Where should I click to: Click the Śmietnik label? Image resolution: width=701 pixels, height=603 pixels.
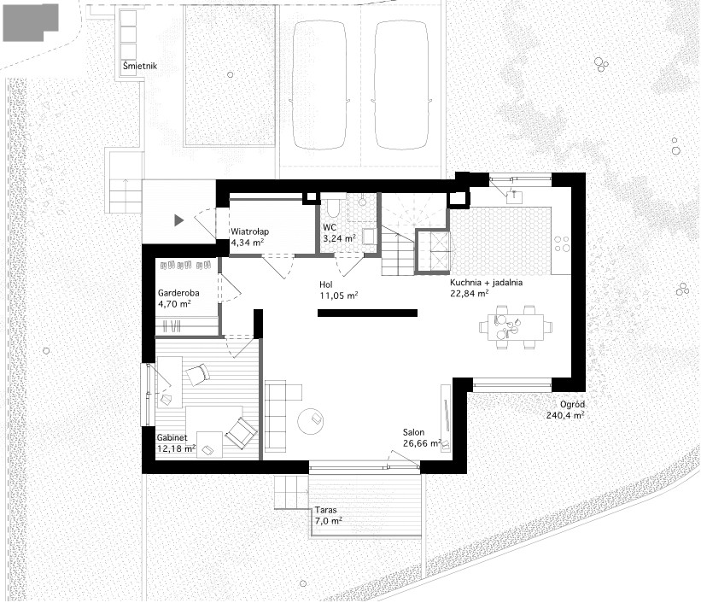(x=140, y=66)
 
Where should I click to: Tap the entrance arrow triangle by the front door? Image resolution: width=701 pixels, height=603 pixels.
(x=178, y=220)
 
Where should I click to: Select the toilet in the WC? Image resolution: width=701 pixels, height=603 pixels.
(x=333, y=207)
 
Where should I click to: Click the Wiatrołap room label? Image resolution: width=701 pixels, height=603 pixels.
(x=249, y=231)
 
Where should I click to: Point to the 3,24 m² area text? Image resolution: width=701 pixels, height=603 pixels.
(x=339, y=238)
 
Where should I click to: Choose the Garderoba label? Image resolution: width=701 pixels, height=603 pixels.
(x=178, y=293)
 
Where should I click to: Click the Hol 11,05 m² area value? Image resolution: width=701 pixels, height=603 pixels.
(x=338, y=296)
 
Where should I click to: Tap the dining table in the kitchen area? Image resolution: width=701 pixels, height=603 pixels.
(x=516, y=326)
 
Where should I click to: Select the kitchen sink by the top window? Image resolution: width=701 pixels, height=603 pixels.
(x=515, y=196)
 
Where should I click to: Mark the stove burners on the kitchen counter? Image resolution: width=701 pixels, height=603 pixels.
(x=562, y=243)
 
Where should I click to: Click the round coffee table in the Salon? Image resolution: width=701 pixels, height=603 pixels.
(x=311, y=421)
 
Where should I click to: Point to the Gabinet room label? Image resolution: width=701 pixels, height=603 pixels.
(x=172, y=437)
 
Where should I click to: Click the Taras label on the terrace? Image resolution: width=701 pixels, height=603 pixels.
(x=325, y=510)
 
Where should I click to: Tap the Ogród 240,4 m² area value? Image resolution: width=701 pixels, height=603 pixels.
(x=565, y=415)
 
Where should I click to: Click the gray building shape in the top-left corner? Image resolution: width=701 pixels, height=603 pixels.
(x=30, y=22)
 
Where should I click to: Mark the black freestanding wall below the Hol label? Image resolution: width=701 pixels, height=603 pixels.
(x=367, y=313)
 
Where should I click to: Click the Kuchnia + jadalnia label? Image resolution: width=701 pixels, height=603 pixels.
(x=486, y=283)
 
